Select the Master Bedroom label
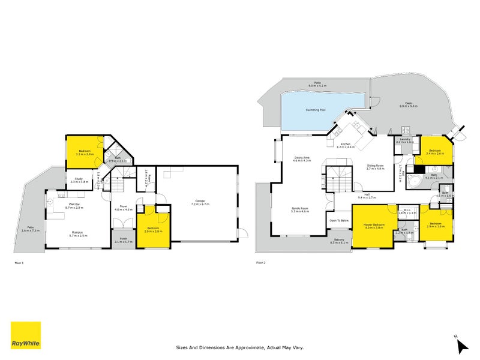[374, 225]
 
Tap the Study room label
[79, 179]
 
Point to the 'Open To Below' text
[339, 220]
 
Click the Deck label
[409, 104]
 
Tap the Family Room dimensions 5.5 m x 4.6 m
[300, 212]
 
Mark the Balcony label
[340, 240]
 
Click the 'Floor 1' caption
[20, 263]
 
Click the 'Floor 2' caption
[262, 263]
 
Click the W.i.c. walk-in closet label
[407, 211]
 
